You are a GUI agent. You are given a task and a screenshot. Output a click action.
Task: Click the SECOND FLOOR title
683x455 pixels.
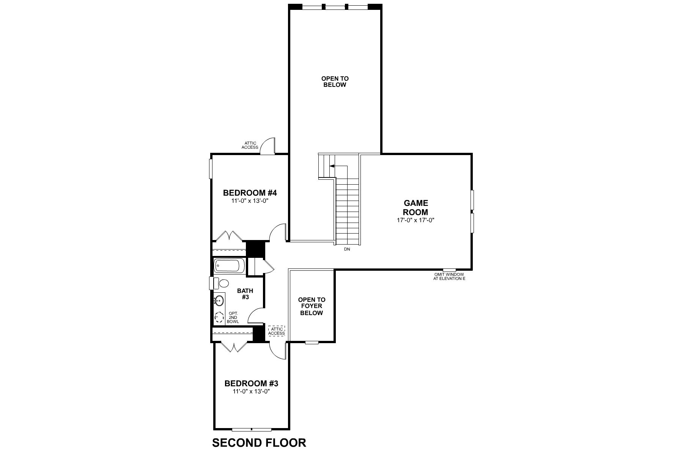pyautogui.click(x=259, y=442)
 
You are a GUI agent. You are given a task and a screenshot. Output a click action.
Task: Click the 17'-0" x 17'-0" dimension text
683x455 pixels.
pyautogui.click(x=415, y=220)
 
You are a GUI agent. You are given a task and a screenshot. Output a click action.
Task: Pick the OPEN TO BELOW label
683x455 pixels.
pyautogui.click(x=335, y=82)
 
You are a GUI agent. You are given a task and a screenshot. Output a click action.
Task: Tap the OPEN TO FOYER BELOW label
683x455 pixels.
pyautogui.click(x=312, y=306)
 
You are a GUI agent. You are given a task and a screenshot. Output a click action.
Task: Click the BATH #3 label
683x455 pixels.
pyautogui.click(x=245, y=294)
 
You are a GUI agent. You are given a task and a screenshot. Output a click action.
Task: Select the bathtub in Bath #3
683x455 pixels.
pyautogui.click(x=230, y=265)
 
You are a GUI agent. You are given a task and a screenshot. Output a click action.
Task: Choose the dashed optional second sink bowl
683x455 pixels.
pyautogui.click(x=219, y=317)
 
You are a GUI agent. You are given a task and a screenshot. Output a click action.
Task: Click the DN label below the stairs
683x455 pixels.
pyautogui.click(x=347, y=249)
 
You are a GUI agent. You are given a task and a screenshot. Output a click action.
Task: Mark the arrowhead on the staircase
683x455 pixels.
pyautogui.click(x=332, y=166)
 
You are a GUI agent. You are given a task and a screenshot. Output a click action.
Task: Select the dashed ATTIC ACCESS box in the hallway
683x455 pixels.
pyautogui.click(x=276, y=331)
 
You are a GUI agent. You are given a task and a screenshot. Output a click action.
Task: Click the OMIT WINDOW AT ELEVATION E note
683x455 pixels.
pyautogui.click(x=449, y=276)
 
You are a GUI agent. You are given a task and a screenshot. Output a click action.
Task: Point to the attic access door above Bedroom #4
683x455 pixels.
pyautogui.click(x=268, y=146)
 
